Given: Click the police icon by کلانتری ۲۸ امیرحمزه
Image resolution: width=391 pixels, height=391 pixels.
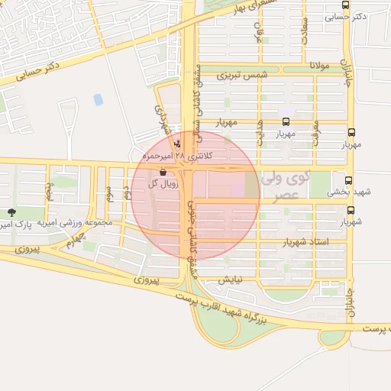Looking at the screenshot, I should click(178, 143).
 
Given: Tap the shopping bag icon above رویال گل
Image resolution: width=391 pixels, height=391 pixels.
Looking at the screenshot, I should click(163, 172).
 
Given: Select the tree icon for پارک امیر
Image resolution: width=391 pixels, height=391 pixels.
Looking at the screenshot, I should click(11, 212).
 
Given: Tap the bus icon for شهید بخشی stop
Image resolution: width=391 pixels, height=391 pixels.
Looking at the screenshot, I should click(349, 181).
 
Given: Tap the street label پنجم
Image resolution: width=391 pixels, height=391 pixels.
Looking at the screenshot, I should click(49, 189).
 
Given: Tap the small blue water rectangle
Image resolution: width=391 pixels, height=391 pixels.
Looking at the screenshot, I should click(98, 99).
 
